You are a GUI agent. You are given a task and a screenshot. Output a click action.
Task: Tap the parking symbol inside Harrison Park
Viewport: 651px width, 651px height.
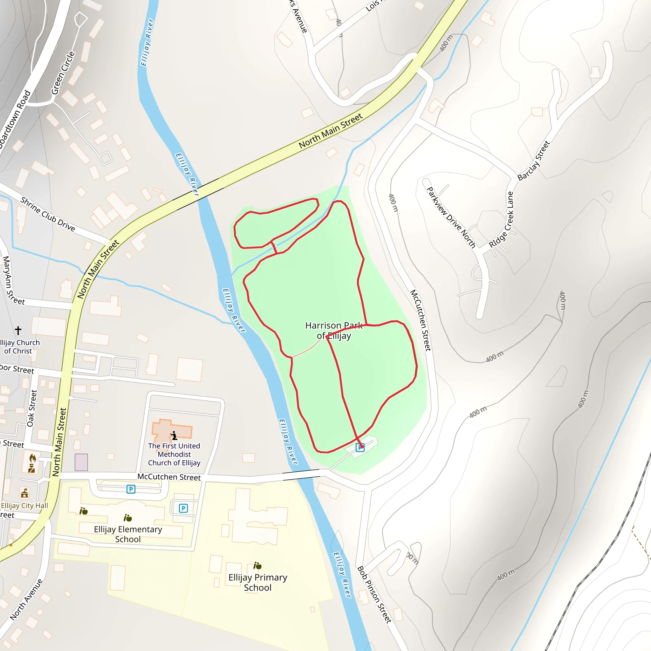click(360, 448)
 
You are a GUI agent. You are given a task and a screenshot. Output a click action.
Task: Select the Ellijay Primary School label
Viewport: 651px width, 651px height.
click(257, 582)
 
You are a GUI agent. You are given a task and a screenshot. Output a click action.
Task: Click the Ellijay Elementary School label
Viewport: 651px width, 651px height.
click(128, 534)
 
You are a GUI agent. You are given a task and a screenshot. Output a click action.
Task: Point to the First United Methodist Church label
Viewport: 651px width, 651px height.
click(174, 454)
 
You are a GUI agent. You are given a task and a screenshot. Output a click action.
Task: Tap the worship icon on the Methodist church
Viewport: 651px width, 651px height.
click(174, 436)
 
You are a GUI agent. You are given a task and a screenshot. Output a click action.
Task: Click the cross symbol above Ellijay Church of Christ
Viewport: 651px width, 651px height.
click(18, 330)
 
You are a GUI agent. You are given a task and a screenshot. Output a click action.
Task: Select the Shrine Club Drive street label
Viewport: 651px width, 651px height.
click(47, 214)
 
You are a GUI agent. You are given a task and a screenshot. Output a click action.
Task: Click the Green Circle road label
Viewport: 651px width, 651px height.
click(63, 73)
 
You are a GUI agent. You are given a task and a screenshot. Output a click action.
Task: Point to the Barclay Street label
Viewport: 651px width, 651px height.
click(534, 161)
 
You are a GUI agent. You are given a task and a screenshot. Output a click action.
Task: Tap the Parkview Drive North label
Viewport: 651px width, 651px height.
click(451, 217)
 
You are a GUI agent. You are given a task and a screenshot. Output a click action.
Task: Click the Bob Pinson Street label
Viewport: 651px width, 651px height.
click(374, 594)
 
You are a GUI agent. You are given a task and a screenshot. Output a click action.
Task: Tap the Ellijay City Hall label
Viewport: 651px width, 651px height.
click(24, 505)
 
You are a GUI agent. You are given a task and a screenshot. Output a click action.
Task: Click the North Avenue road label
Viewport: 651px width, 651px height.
click(26, 600)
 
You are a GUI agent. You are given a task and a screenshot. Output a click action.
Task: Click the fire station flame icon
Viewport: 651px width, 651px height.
click(32, 458)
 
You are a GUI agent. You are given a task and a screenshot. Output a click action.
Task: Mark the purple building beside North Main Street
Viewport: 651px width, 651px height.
click(81, 462)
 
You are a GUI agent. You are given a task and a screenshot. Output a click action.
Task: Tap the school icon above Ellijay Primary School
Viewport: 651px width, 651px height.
click(257, 565)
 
